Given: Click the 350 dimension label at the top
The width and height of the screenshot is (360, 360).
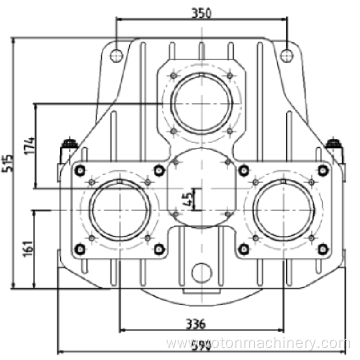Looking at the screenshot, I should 204,13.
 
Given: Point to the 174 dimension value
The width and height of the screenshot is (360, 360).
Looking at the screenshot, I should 31,144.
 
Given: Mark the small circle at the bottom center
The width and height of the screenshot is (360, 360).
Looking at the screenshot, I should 203,271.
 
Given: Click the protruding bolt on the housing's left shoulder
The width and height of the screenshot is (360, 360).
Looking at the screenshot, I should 70,147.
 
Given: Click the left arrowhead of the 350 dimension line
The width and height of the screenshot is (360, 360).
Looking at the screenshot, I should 121,21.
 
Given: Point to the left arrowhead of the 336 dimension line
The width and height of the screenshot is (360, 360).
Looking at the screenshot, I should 123,330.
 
